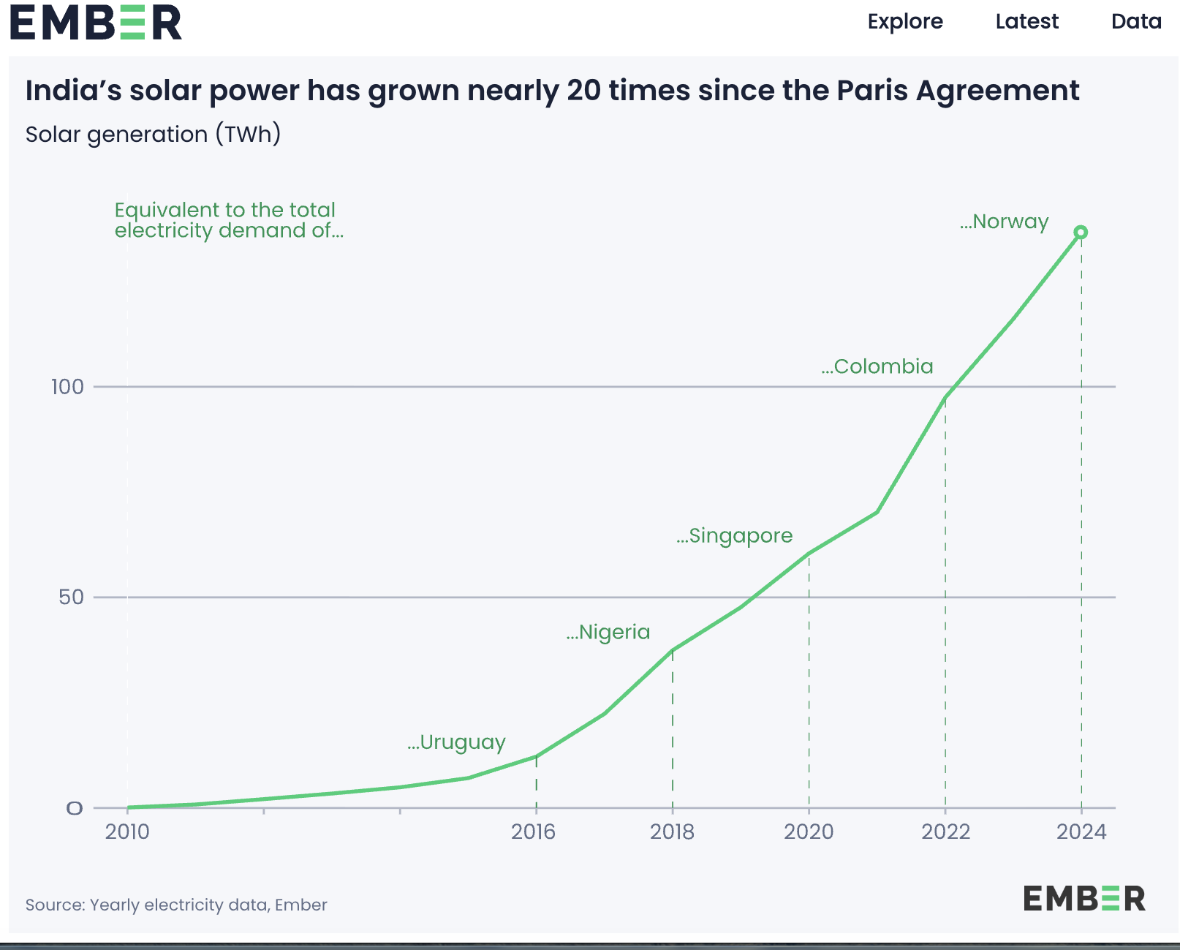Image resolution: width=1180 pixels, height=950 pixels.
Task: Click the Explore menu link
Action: pyautogui.click(x=905, y=22)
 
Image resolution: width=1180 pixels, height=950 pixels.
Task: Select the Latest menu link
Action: pyautogui.click(x=1026, y=22)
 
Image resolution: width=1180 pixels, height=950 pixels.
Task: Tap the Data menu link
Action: pyautogui.click(x=1136, y=22)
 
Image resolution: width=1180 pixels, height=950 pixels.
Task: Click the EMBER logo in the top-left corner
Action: pyautogui.click(x=95, y=23)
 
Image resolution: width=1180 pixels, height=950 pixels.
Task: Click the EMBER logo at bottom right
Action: pyautogui.click(x=1084, y=898)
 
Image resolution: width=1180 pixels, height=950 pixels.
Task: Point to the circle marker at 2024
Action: pyautogui.click(x=1081, y=233)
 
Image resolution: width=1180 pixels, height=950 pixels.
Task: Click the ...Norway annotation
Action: pyautogui.click(x=1004, y=222)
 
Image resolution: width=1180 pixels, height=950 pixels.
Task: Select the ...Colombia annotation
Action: pyautogui.click(x=877, y=366)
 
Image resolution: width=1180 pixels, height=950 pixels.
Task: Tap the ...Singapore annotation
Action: pyautogui.click(x=734, y=536)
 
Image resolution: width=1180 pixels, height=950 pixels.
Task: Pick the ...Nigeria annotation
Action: pyautogui.click(x=608, y=632)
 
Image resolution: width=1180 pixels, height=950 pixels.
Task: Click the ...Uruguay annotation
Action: pyautogui.click(x=456, y=743)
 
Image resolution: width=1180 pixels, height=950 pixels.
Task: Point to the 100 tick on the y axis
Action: pyautogui.click(x=67, y=387)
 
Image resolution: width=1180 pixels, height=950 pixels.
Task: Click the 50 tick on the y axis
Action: pyautogui.click(x=71, y=597)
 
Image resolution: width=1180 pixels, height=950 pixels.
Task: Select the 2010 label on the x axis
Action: pyautogui.click(x=127, y=832)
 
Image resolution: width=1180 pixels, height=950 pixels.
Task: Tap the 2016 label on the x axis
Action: pyautogui.click(x=533, y=832)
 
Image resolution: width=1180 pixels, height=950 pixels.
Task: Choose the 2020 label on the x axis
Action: pyautogui.click(x=809, y=832)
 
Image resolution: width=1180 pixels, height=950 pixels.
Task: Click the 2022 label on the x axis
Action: pyautogui.click(x=945, y=832)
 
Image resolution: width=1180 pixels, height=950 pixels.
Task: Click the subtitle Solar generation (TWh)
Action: pyautogui.click(x=153, y=135)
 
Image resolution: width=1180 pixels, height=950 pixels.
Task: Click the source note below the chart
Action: pyautogui.click(x=176, y=905)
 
